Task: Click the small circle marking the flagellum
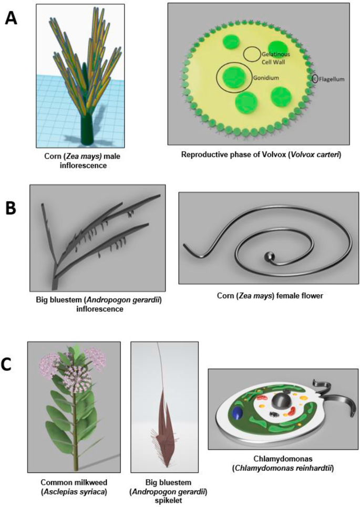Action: coord(315,79)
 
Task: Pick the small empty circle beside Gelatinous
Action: coord(251,53)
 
